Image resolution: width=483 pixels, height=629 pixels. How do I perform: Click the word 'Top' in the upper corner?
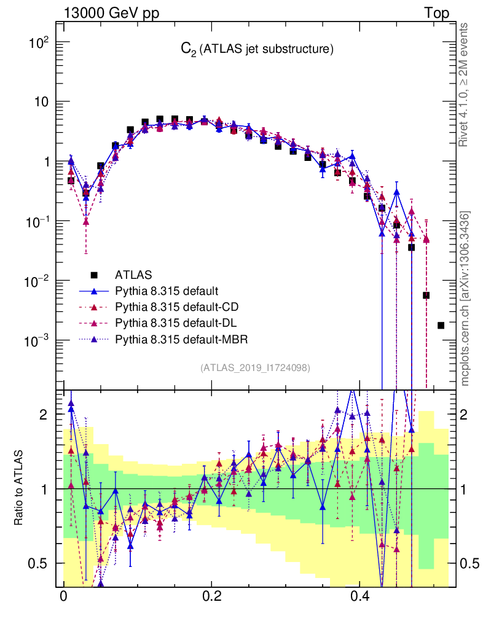[x=436, y=13]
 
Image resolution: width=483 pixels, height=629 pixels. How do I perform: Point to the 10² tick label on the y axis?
[x=38, y=42]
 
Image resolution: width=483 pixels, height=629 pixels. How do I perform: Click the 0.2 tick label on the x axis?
[x=212, y=596]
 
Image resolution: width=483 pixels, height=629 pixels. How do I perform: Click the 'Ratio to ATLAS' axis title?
[x=19, y=488]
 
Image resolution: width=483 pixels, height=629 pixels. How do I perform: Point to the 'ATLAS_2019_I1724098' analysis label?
[x=254, y=367]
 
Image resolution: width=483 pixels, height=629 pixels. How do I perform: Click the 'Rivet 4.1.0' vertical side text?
[x=465, y=86]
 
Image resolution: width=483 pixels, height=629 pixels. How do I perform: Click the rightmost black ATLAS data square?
[x=441, y=325]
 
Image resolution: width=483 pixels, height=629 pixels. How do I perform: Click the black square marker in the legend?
[x=95, y=275]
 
